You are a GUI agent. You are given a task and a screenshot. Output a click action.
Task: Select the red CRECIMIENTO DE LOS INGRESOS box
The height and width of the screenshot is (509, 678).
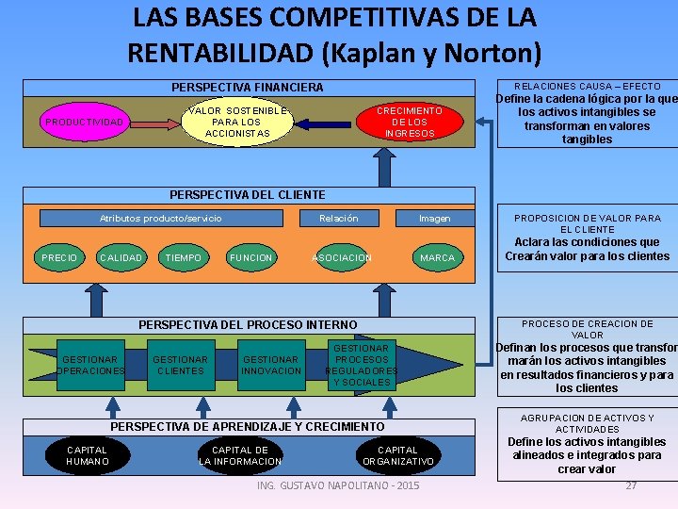coord(410,123)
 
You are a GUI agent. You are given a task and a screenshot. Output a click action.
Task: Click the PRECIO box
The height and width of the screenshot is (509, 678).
coord(59,257)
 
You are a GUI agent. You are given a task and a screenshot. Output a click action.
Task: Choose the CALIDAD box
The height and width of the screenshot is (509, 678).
coord(121,257)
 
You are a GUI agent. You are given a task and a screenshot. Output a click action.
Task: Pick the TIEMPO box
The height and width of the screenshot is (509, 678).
coord(183,257)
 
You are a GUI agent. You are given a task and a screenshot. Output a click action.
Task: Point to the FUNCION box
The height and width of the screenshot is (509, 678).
coord(251,257)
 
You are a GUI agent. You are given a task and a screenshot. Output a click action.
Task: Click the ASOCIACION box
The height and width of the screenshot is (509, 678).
coord(342,257)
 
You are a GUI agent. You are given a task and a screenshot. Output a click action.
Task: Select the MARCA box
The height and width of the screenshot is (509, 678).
coord(437,257)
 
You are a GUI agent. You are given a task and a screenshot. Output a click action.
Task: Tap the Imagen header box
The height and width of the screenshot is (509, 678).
coord(435,219)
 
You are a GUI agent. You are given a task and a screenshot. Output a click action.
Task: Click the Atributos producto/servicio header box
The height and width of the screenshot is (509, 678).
coord(161,219)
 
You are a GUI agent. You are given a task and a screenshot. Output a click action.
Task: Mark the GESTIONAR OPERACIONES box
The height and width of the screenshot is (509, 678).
coord(90,365)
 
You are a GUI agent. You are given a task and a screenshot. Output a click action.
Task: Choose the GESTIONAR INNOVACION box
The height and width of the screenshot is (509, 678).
coord(271,365)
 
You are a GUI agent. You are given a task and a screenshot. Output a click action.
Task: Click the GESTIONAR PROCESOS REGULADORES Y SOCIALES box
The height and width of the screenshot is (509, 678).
coord(362,365)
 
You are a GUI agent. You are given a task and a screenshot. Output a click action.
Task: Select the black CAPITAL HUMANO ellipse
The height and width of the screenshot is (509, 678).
coord(88,456)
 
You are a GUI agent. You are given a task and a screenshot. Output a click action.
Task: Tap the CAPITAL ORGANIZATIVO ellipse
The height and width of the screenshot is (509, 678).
coord(398,456)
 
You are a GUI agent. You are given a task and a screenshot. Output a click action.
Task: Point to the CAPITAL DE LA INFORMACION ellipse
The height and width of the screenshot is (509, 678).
coord(240,456)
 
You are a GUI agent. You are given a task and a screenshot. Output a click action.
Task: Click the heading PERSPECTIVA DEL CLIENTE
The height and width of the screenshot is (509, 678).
coord(247,194)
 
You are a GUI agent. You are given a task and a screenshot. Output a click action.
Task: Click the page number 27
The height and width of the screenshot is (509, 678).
coord(632,485)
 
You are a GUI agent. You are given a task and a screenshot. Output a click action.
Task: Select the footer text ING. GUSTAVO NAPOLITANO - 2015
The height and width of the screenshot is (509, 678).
coord(338,485)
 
